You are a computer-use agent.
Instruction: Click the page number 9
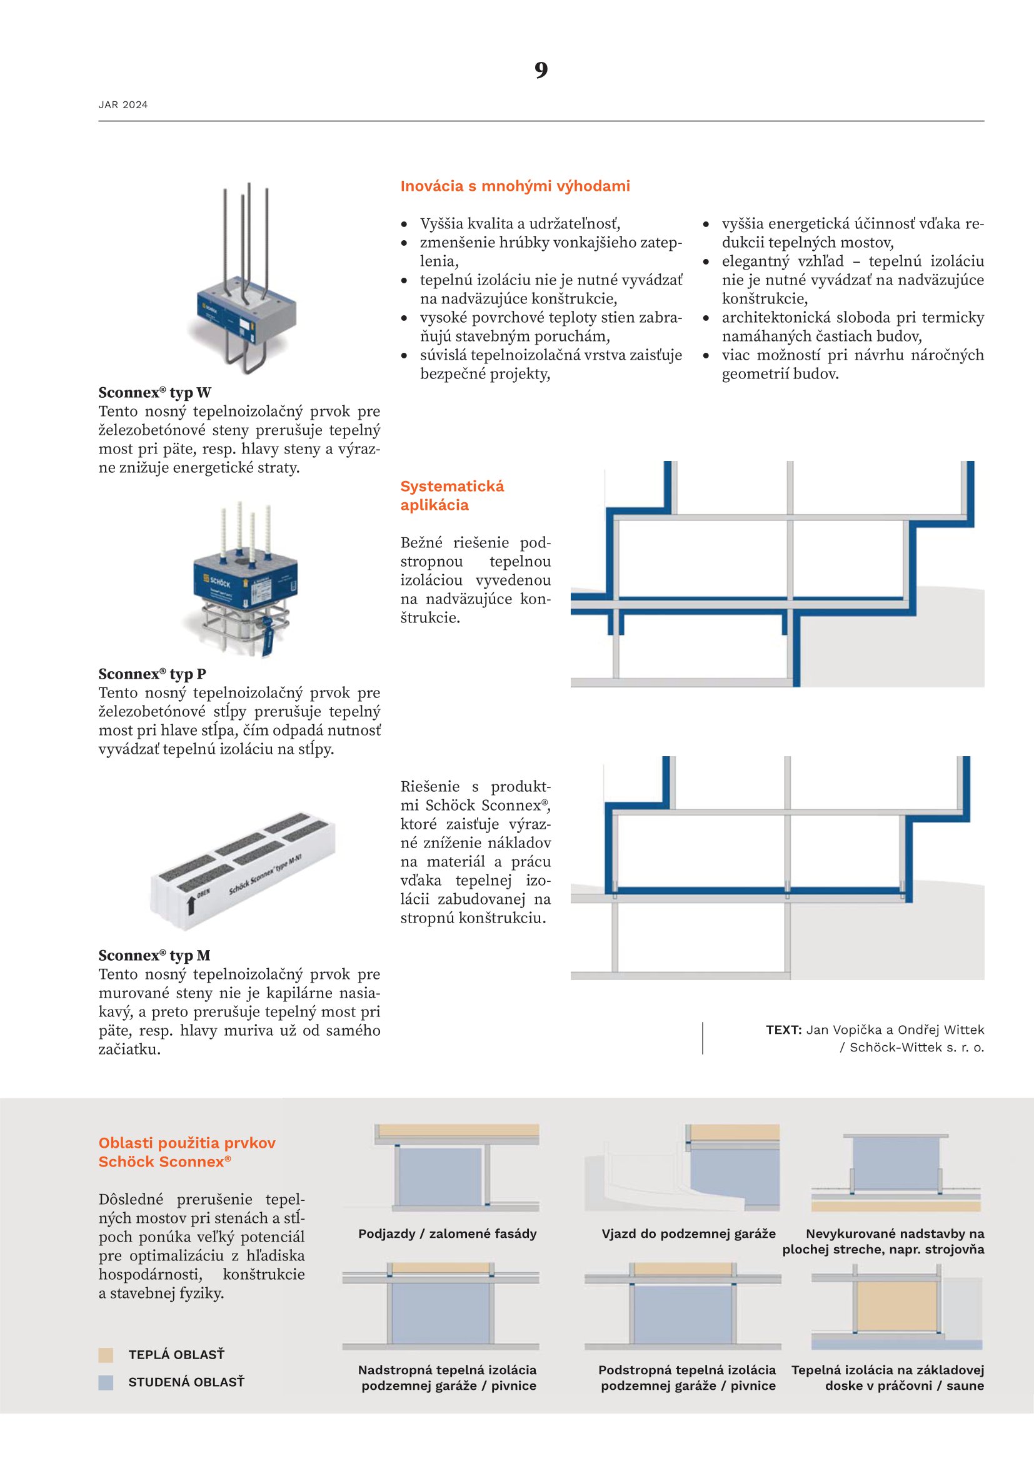[x=541, y=70]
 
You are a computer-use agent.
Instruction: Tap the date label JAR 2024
[x=123, y=105]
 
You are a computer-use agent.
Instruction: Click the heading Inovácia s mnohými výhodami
[x=514, y=186]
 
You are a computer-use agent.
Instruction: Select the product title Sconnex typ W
[x=154, y=392]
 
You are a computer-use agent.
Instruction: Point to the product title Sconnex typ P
[x=152, y=674]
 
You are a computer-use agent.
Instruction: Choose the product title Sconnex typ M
[x=154, y=955]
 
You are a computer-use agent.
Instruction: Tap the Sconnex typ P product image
[x=244, y=580]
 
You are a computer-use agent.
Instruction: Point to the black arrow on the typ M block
[x=190, y=904]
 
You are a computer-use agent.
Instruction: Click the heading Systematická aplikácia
[x=452, y=495]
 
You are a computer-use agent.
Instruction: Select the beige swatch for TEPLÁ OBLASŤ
[x=106, y=1355]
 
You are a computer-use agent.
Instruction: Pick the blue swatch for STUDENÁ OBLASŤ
[x=106, y=1382]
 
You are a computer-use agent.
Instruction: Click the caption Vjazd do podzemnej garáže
[x=688, y=1233]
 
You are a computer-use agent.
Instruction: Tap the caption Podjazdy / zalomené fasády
[x=447, y=1233]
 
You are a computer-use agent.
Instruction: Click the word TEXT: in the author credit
[x=783, y=1030]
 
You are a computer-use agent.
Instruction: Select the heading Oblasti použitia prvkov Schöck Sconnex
[x=187, y=1152]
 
